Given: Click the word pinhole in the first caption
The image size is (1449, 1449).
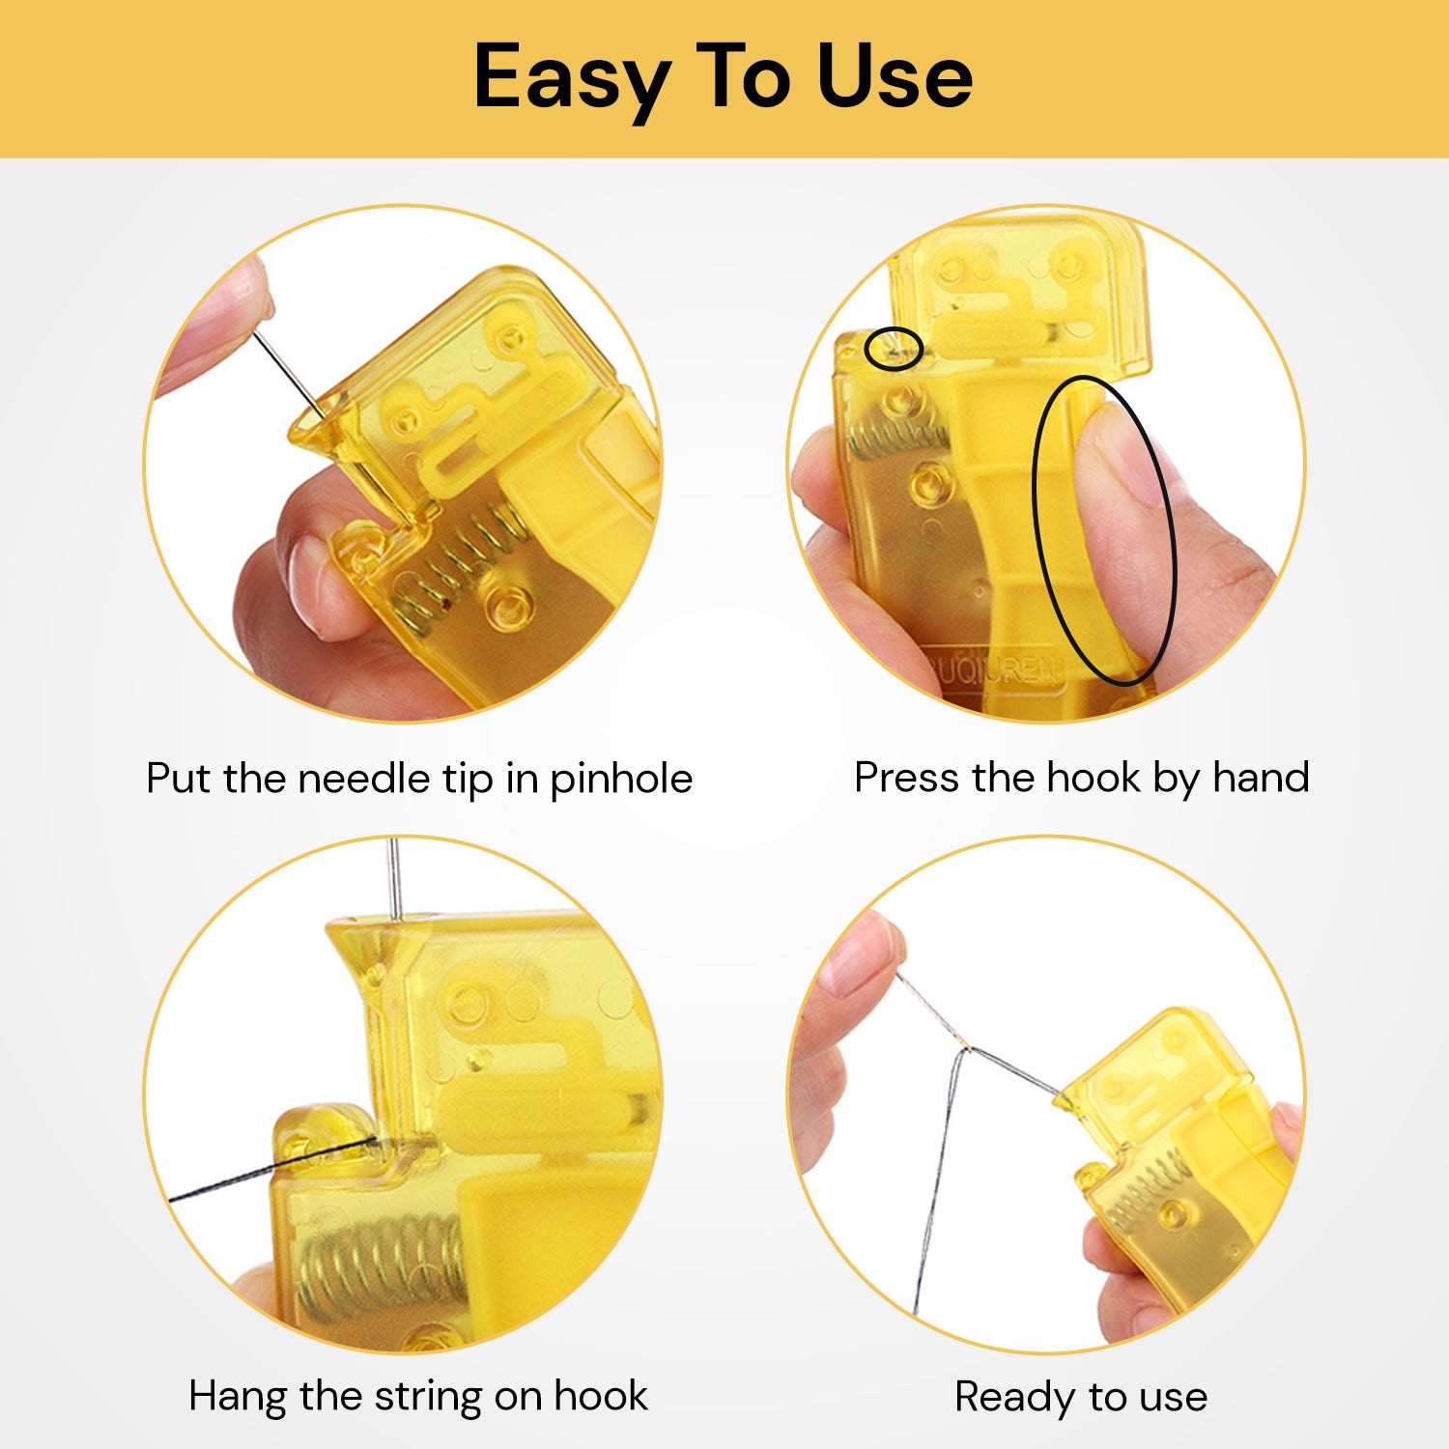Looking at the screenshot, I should [x=620, y=779].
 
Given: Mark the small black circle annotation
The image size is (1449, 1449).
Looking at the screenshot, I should [x=894, y=349].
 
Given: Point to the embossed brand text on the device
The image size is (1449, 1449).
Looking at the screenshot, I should [x=995, y=668].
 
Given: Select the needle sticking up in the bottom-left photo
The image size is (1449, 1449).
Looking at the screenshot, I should [x=393, y=879].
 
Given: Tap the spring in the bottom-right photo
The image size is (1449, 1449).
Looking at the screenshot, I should [x=1145, y=1193].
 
